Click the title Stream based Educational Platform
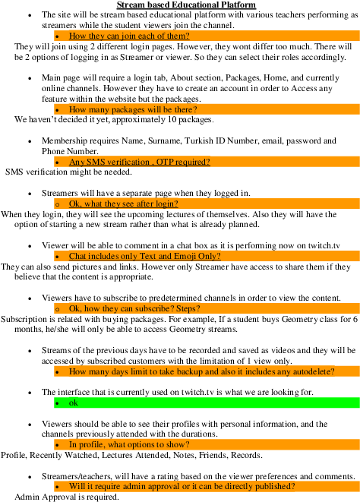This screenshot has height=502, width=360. coord(186,5)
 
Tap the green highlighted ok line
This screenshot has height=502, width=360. coord(207,403)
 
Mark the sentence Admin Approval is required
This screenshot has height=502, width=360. coord(67,497)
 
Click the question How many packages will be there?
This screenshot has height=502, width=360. coord(133,109)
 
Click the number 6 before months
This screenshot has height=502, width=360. coord(355,319)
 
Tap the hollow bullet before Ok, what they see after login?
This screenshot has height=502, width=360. coord(57,204)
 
